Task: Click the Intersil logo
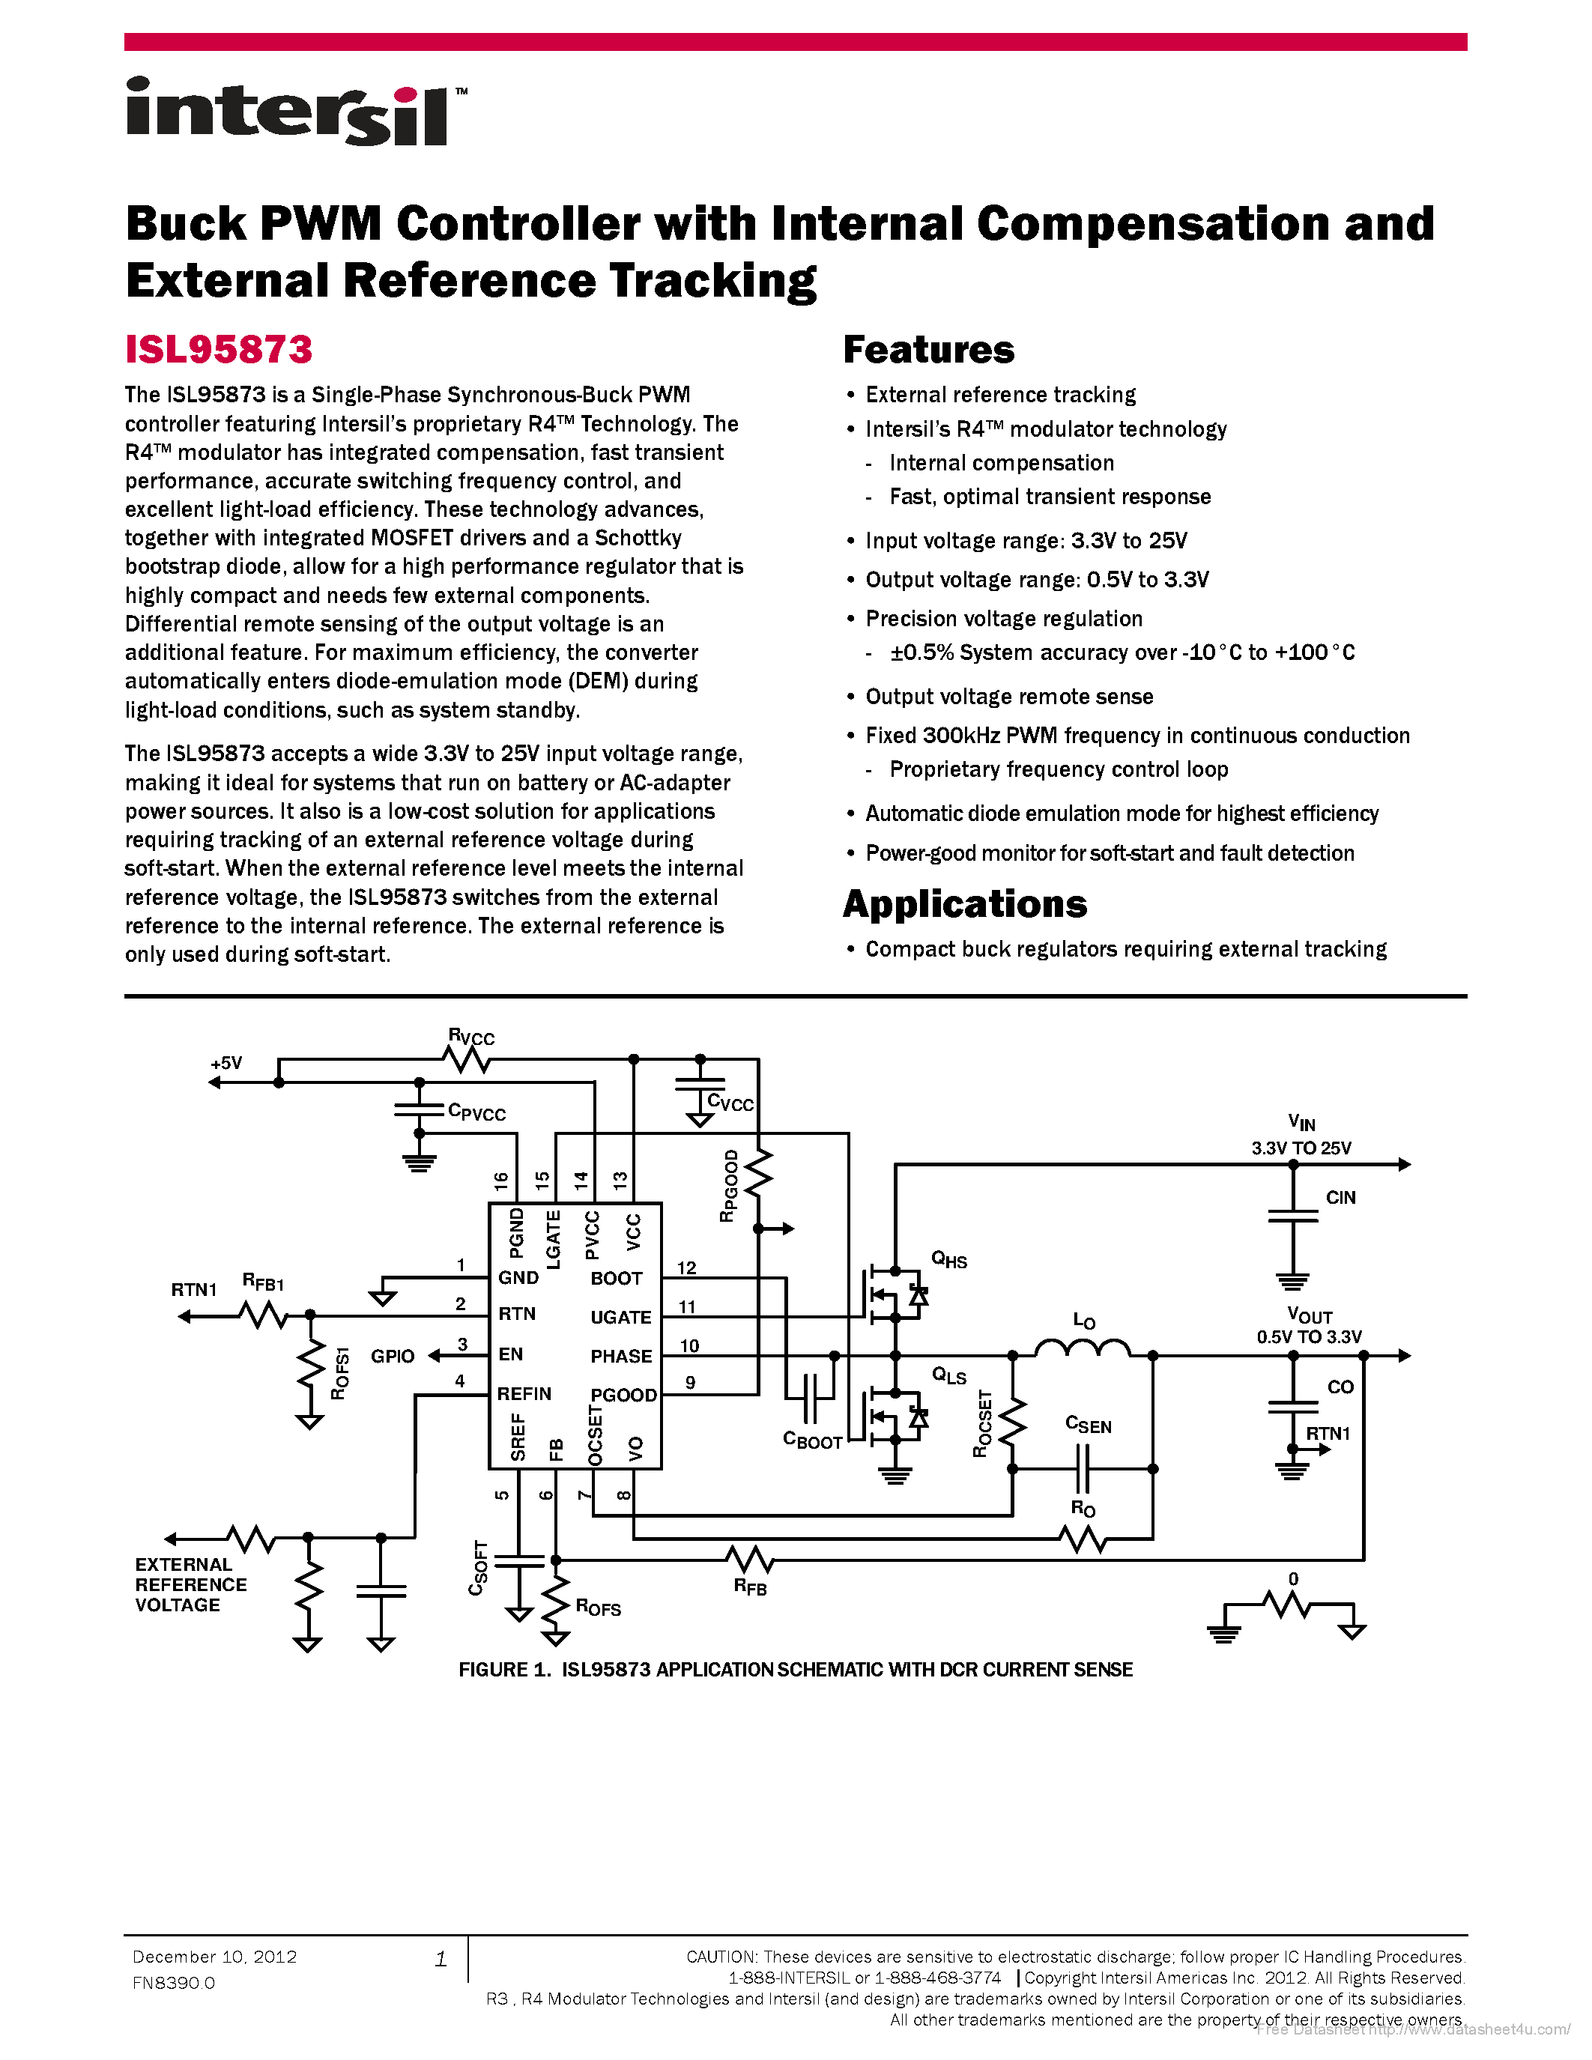pyautogui.click(x=296, y=112)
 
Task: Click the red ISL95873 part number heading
pyautogui.click(x=219, y=350)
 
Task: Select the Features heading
pyautogui.click(x=928, y=350)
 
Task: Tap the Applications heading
pyautogui.click(x=965, y=905)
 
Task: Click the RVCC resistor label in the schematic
pyautogui.click(x=471, y=1037)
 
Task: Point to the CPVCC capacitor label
pyautogui.click(x=476, y=1112)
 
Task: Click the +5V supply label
pyautogui.click(x=226, y=1063)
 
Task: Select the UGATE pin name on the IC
pyautogui.click(x=620, y=1317)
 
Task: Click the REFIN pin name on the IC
pyautogui.click(x=524, y=1393)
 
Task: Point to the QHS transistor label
pyautogui.click(x=948, y=1259)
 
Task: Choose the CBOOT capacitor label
pyautogui.click(x=812, y=1441)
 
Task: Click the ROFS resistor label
pyautogui.click(x=598, y=1608)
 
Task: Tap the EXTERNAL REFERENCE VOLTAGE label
pyautogui.click(x=190, y=1584)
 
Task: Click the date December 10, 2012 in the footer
pyautogui.click(x=214, y=1956)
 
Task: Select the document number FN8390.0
pyautogui.click(x=174, y=1983)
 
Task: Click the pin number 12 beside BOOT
pyautogui.click(x=686, y=1267)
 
